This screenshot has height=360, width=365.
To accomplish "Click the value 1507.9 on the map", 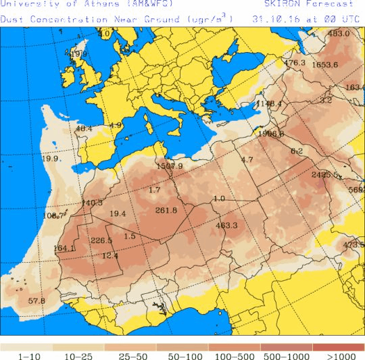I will tap(169, 165).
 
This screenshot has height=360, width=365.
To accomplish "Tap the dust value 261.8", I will tap(166, 210).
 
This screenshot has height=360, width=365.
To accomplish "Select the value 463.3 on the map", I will tap(226, 225).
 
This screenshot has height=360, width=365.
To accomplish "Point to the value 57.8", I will tap(36, 301).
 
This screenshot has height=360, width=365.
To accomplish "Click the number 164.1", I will tap(64, 249).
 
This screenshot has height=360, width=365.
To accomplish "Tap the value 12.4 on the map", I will tap(109, 255).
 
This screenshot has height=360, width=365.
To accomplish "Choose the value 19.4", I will tap(118, 213).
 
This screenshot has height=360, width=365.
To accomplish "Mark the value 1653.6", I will tap(325, 64).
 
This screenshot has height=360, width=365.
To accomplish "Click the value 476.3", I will tap(294, 63).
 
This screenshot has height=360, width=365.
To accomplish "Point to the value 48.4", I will tap(84, 128).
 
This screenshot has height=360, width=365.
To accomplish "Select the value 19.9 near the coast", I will tap(50, 159).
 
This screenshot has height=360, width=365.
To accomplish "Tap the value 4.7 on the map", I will tap(247, 159).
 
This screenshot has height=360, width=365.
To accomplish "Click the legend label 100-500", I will tap(234, 355).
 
